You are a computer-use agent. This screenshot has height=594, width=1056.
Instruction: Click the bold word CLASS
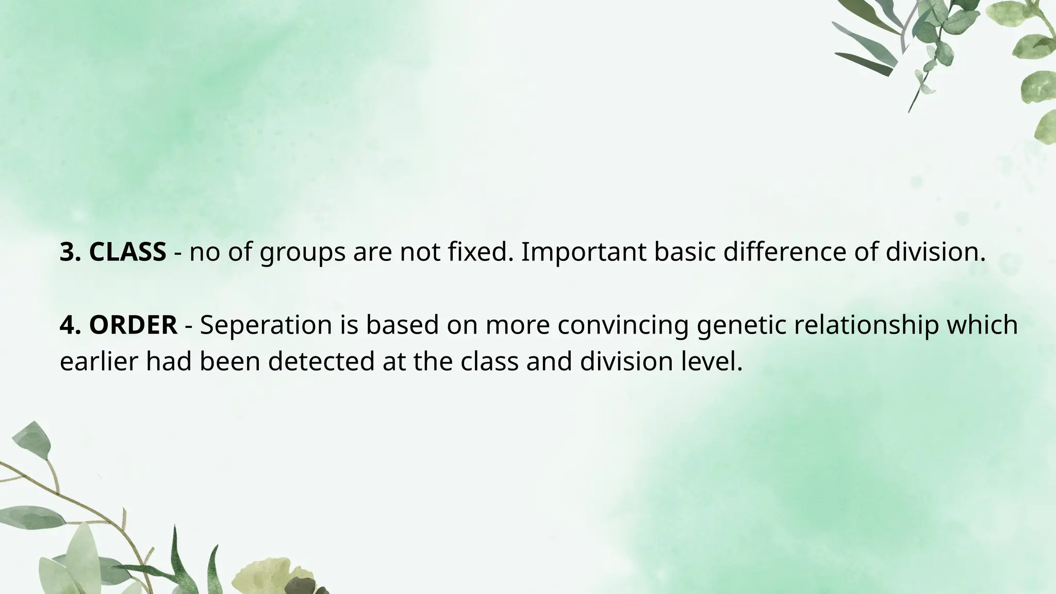pos(127,252)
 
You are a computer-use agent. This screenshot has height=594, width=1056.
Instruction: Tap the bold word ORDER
pos(133,325)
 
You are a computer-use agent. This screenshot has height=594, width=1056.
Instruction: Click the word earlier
pos(99,361)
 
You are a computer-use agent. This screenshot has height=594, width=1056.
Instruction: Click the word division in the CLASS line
pos(932,252)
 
